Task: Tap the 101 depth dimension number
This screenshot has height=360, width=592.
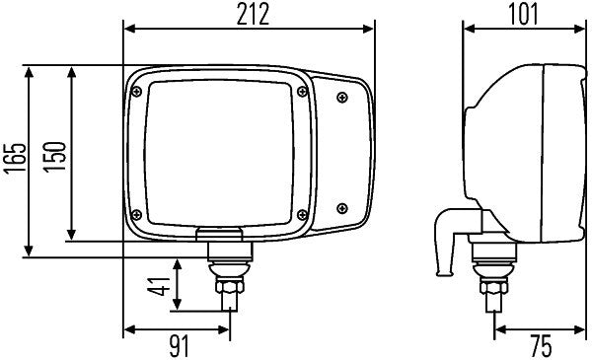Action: (x=524, y=14)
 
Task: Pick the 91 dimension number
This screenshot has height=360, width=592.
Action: (x=177, y=345)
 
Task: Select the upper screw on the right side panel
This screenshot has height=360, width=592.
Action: (x=342, y=96)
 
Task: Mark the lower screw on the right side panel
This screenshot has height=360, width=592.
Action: (x=342, y=206)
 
